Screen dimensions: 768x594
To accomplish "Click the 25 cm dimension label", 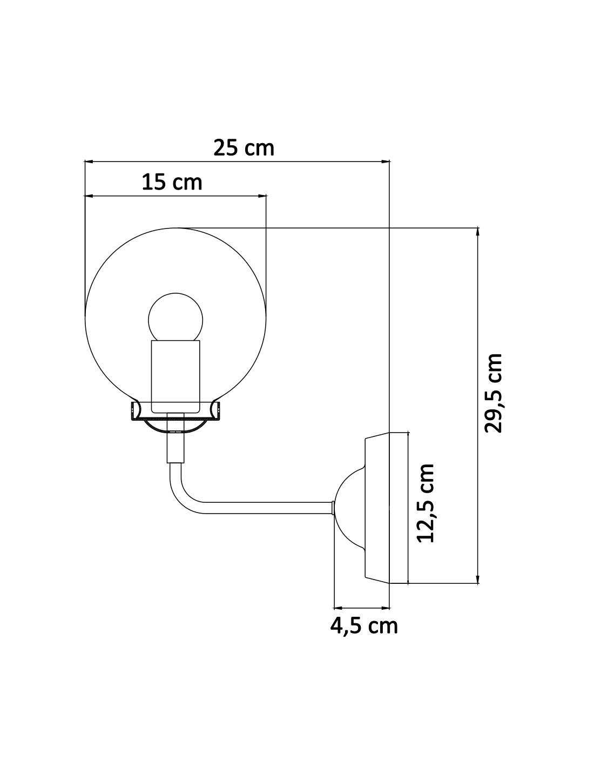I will pyautogui.click(x=244, y=147).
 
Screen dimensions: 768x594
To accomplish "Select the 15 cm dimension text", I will pyautogui.click(x=172, y=182).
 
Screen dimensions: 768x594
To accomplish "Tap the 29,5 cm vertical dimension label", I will pyautogui.click(x=494, y=393).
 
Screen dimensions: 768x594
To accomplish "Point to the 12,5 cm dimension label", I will pyautogui.click(x=426, y=503).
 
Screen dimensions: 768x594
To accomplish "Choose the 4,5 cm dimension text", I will pyautogui.click(x=364, y=625).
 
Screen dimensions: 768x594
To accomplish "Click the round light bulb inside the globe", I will pyautogui.click(x=176, y=318).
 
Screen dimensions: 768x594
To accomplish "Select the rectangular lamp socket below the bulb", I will pyautogui.click(x=176, y=375).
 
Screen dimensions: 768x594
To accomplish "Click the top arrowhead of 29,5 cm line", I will pyautogui.click(x=477, y=232).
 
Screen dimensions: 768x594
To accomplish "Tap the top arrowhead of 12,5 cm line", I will pyautogui.click(x=409, y=435).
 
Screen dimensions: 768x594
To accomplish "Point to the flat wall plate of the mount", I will pyautogui.click(x=378, y=508).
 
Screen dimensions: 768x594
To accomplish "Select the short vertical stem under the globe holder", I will pyautogui.click(x=175, y=446).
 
